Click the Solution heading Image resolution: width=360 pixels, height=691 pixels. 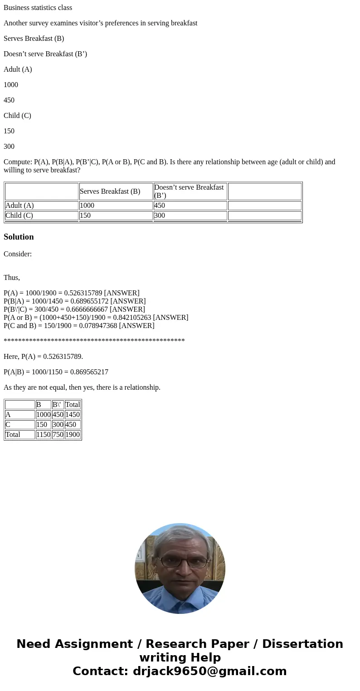(19, 237)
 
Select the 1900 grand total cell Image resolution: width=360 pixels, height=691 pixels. (72, 435)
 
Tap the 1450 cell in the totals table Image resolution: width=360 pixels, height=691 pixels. (72, 415)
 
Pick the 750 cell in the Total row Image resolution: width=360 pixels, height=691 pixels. (58, 435)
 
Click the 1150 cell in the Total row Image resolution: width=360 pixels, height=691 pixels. (43, 435)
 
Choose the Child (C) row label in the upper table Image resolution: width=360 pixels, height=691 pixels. (19, 216)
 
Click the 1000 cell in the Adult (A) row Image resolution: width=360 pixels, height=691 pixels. (87, 206)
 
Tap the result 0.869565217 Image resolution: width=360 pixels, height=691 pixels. (89, 372)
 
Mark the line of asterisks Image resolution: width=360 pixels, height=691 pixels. (94, 341)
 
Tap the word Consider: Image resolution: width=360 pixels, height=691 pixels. (18, 254)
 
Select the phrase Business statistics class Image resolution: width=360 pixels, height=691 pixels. (38, 8)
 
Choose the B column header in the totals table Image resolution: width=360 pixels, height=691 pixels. (39, 405)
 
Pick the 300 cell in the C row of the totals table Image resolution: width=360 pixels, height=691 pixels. (58, 425)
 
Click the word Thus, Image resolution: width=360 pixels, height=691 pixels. (12, 278)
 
